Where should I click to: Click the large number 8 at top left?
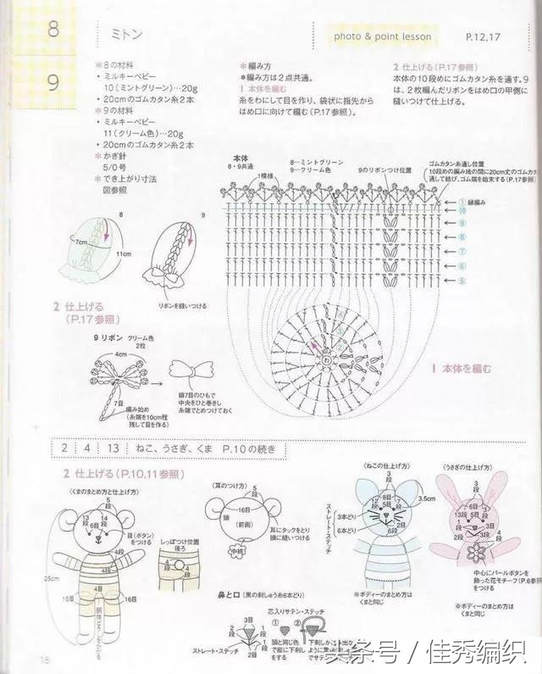pyautogui.click(x=53, y=31)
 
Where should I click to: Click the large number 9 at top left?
pyautogui.click(x=53, y=83)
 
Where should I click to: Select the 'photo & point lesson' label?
pyautogui.click(x=382, y=36)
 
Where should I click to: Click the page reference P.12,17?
pyautogui.click(x=484, y=37)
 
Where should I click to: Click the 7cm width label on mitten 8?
pyautogui.click(x=82, y=242)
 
